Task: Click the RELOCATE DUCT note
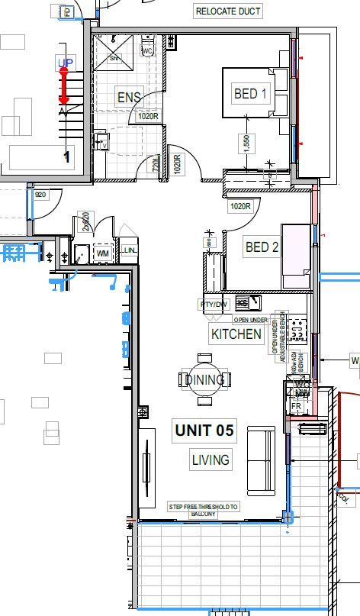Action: (x=229, y=11)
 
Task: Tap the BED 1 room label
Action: (x=251, y=94)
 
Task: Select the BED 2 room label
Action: (x=262, y=247)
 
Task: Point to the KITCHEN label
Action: (x=236, y=334)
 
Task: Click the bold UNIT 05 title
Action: (x=204, y=431)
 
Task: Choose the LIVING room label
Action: (x=210, y=460)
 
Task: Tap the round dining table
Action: (x=204, y=379)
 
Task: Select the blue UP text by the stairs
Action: (x=65, y=62)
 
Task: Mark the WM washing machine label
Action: (x=103, y=253)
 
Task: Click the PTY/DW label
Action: (x=214, y=305)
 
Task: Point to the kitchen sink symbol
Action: (x=246, y=302)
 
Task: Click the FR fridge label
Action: (x=297, y=406)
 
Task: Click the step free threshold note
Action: (x=203, y=510)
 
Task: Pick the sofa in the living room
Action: (x=261, y=460)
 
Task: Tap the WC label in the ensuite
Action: (x=148, y=50)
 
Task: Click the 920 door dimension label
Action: (x=41, y=195)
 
